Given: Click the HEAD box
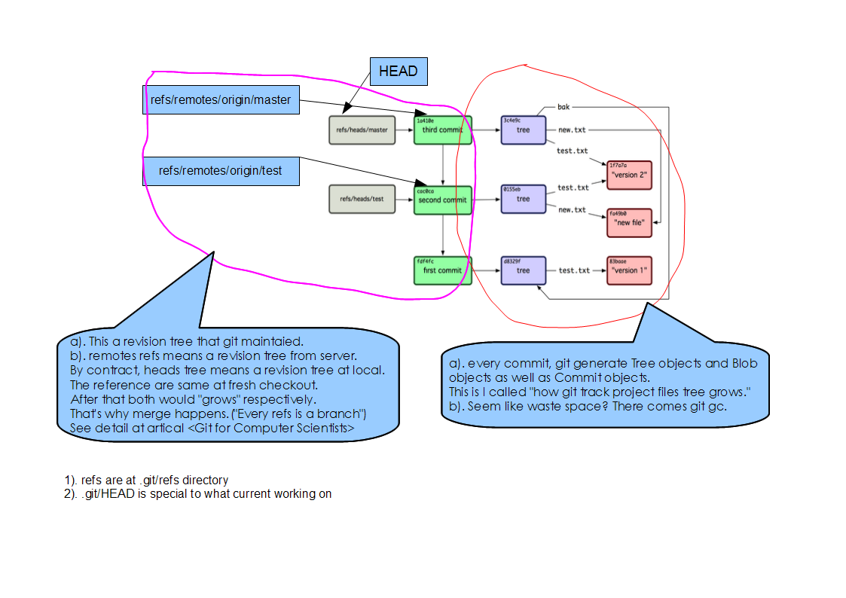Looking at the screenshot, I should [x=398, y=72].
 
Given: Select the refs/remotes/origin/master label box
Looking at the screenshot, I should [x=221, y=99].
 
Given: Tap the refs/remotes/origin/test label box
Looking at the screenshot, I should [x=221, y=170].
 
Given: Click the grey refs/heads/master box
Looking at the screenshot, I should [x=362, y=130].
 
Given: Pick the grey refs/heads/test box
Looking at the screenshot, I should [x=362, y=200].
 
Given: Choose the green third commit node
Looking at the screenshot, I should [x=442, y=130].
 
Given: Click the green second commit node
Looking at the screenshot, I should [x=442, y=200].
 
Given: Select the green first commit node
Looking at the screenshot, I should [x=442, y=270].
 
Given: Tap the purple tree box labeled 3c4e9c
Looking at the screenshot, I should [x=523, y=130].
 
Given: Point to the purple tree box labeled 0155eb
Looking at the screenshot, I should [x=523, y=200].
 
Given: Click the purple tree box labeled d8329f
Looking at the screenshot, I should [x=523, y=270].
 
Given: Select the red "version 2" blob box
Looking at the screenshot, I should [x=629, y=175].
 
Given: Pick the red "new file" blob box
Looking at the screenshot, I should [x=629, y=223].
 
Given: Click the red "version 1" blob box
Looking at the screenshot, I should [x=629, y=270].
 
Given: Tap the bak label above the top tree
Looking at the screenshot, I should [x=563, y=108].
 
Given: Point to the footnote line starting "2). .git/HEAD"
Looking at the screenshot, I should [x=198, y=494].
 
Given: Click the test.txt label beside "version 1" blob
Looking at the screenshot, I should [x=573, y=270].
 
